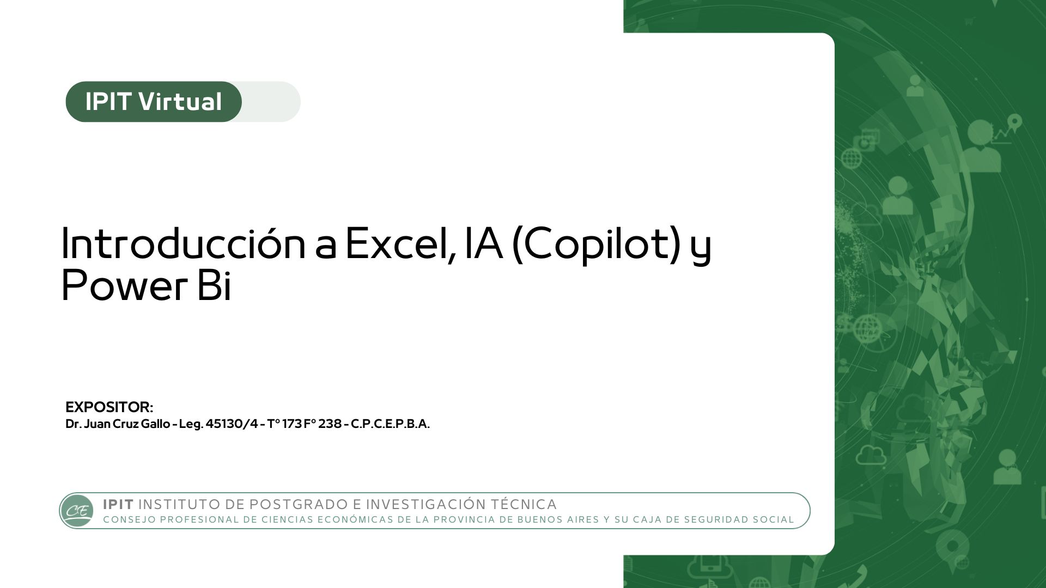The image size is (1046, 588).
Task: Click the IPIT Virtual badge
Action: pos(154,102)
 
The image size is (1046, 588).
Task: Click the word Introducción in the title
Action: pos(184,243)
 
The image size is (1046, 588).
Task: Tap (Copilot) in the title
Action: pos(597,244)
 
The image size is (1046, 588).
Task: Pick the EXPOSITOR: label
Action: pos(109,407)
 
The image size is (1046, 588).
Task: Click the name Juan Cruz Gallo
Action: pos(127,424)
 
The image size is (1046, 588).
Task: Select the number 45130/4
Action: pos(232,424)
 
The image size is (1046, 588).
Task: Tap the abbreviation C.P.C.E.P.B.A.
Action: pos(390,424)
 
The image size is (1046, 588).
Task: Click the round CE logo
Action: pos(77,511)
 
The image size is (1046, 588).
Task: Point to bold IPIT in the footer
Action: pos(118,504)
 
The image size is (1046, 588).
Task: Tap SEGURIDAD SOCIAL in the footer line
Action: pos(739,519)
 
